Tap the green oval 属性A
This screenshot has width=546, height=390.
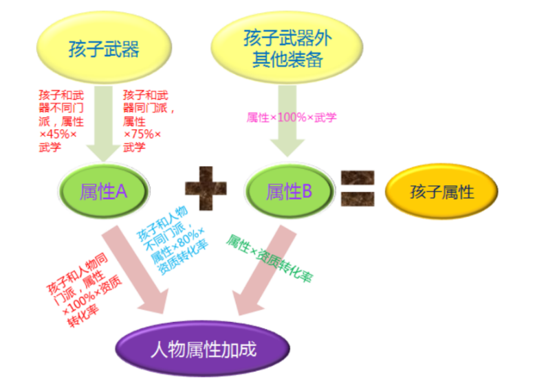click(x=104, y=192)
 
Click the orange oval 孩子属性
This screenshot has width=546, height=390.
click(x=441, y=192)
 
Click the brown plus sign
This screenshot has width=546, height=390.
click(x=206, y=192)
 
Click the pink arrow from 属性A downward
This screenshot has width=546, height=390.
click(x=138, y=268)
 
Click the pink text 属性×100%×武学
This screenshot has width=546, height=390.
click(x=291, y=117)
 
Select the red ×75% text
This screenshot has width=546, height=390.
click(x=142, y=134)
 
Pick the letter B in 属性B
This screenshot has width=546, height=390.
click(x=306, y=192)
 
